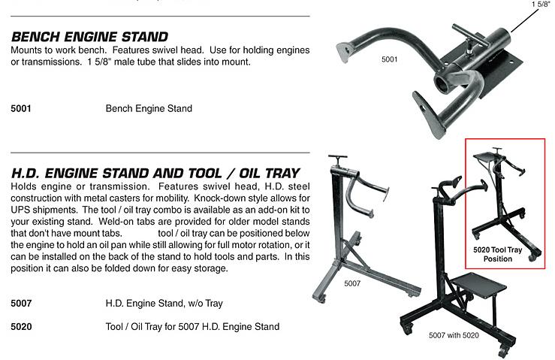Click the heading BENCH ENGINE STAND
tap(89, 37)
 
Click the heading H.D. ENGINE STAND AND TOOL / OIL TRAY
tap(155, 174)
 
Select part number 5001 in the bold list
tap(21, 108)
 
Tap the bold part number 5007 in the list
tap(21, 304)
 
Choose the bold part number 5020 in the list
tap(21, 326)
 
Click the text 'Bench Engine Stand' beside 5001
tap(149, 108)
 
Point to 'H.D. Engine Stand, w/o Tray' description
tap(164, 304)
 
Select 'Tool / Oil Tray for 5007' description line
tap(192, 326)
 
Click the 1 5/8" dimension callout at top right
tap(541, 4)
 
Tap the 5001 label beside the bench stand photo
tap(389, 59)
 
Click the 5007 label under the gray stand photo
tap(352, 283)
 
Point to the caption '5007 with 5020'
tap(454, 335)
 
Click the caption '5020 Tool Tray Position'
tap(498, 255)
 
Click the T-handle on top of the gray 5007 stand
tap(338, 156)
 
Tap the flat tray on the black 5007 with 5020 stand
tap(478, 284)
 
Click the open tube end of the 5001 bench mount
tap(442, 83)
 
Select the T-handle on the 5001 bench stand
tap(469, 35)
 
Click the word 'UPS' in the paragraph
tap(20, 210)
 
